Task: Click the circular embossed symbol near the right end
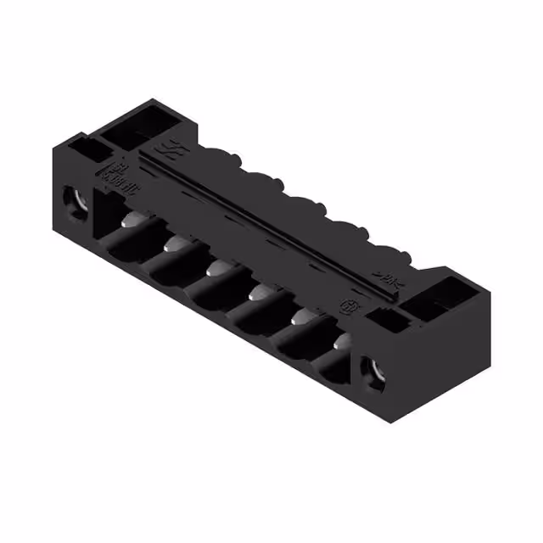click(346, 304)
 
